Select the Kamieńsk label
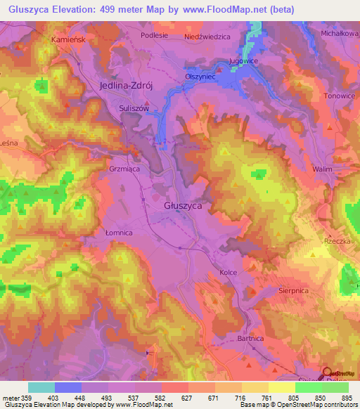(x=67, y=40)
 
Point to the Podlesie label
(x=154, y=34)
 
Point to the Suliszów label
(x=132, y=109)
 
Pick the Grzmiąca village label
(x=126, y=169)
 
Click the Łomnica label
(x=118, y=232)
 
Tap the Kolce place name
(x=229, y=272)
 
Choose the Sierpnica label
(x=293, y=288)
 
